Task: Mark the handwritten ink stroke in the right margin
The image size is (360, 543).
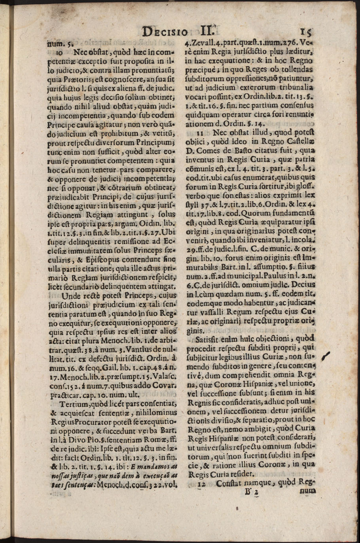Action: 327,355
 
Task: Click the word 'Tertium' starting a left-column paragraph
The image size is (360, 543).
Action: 74,404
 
